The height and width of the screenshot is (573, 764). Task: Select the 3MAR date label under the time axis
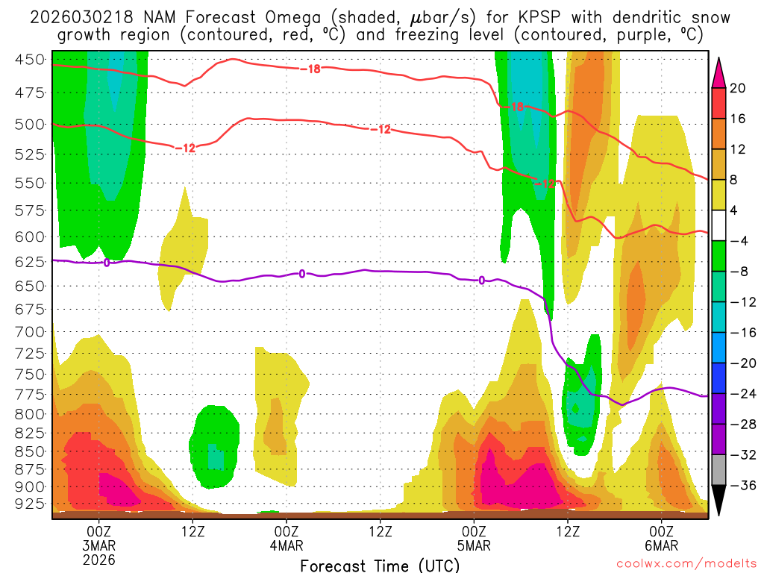tap(100, 545)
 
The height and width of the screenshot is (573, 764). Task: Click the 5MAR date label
tap(475, 545)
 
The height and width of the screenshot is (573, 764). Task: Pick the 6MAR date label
tap(662, 545)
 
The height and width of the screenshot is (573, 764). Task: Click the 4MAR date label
tap(287, 545)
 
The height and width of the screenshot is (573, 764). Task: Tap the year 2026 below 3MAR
tap(100, 559)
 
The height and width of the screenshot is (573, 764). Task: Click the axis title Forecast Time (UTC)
tap(380, 565)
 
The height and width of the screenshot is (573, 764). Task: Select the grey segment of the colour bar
tap(719, 470)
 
